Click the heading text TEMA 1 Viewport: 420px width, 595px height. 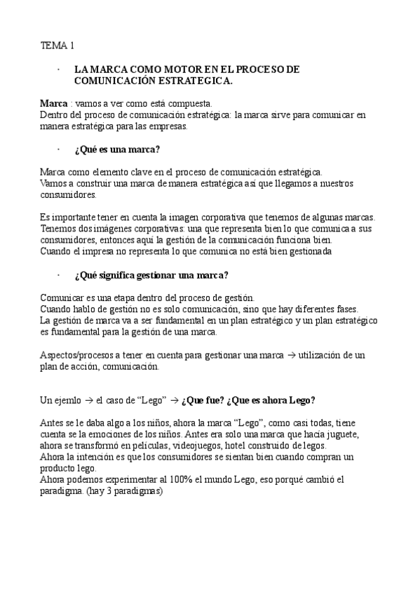57,46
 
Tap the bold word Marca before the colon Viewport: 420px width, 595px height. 54,103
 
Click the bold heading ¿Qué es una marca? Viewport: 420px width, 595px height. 117,149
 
